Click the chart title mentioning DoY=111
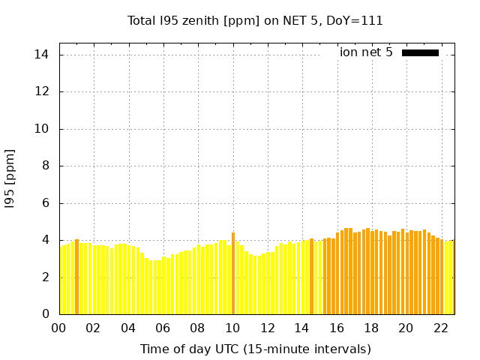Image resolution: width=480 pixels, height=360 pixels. pyautogui.click(x=256, y=21)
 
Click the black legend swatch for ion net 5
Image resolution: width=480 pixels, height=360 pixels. pyautogui.click(x=420, y=52)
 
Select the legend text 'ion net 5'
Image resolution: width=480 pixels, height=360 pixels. pyautogui.click(x=366, y=52)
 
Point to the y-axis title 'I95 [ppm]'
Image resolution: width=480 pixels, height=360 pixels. pyautogui.click(x=10, y=178)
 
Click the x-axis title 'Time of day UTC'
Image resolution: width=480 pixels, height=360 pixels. pyautogui.click(x=256, y=349)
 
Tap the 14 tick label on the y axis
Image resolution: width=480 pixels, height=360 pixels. pyautogui.click(x=42, y=55)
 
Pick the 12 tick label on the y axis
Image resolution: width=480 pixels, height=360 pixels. pyautogui.click(x=42, y=91)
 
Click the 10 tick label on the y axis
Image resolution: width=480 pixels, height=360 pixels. pyautogui.click(x=42, y=129)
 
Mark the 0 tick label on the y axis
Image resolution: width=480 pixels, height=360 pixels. pyautogui.click(x=45, y=314)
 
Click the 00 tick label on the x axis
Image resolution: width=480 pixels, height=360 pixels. pyautogui.click(x=58, y=328)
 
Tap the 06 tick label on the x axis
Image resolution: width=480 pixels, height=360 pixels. pyautogui.click(x=163, y=328)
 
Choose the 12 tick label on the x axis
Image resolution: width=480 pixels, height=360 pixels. pyautogui.click(x=267, y=328)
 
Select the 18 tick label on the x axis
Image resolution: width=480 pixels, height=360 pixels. pyautogui.click(x=371, y=328)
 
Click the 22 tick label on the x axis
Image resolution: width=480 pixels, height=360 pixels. pyautogui.click(x=441, y=328)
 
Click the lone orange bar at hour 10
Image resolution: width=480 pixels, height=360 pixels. pyautogui.click(x=233, y=274)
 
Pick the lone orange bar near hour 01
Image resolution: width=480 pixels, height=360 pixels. pyautogui.click(x=76, y=277)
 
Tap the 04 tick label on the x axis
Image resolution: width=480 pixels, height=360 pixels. pyautogui.click(x=128, y=328)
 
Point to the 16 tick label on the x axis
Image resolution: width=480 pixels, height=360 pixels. pyautogui.click(x=337, y=328)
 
